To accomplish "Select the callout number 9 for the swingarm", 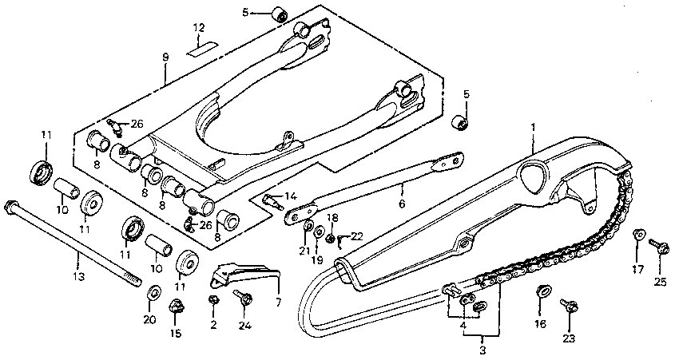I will [x=165, y=57].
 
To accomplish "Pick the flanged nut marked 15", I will [x=176, y=307].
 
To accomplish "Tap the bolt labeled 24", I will [x=244, y=299].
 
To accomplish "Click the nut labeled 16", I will [x=542, y=290].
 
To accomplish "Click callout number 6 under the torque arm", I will [x=401, y=204].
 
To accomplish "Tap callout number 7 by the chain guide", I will [x=278, y=303].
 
